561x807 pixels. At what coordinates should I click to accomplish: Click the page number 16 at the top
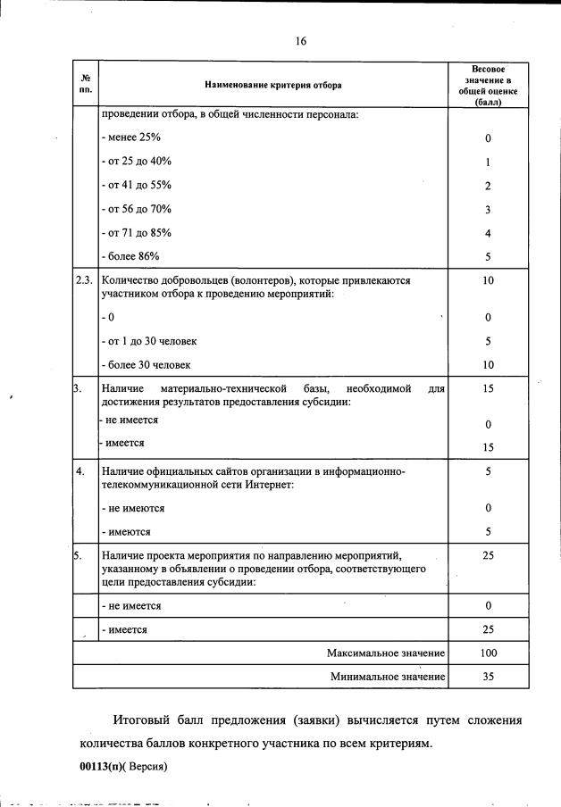301,41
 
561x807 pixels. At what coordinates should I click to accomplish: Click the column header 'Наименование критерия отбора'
272,85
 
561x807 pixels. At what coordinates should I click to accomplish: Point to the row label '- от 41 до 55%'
136,186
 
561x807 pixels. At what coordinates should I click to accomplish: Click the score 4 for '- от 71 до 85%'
488,233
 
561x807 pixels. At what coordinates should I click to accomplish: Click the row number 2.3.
85,280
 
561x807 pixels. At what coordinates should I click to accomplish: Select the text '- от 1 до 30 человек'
149,342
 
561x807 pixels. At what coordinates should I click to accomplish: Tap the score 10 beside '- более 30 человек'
488,365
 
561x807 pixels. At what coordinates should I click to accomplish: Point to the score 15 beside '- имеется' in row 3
488,447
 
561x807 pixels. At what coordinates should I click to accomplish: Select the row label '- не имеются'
133,508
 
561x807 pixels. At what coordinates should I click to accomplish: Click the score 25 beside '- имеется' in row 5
488,629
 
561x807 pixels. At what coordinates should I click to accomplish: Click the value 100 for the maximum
488,653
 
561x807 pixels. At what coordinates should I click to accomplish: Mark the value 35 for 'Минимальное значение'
488,677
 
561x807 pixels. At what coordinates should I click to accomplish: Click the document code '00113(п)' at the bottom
100,766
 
